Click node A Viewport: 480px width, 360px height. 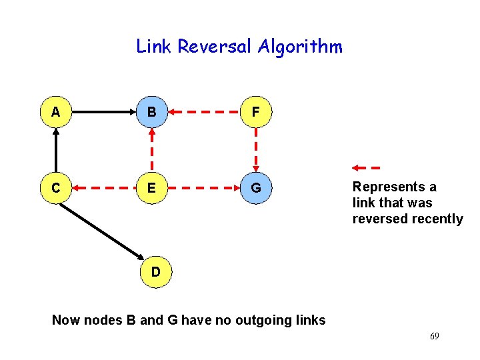click(55, 112)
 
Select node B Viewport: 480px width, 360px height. click(152, 112)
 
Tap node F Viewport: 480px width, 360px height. click(256, 112)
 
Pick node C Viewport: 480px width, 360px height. click(55, 188)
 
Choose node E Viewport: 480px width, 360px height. click(152, 188)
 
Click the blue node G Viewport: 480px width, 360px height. click(256, 188)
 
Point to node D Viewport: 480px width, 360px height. click(155, 271)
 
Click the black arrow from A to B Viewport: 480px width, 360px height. click(103, 112)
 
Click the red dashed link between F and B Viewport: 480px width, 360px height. click(203, 112)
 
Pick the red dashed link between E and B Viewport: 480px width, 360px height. click(152, 150)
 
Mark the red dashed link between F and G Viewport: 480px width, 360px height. click(256, 150)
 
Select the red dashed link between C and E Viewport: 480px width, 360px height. click(103, 188)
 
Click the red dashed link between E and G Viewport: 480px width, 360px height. click(203, 188)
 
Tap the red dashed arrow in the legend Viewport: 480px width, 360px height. click(366, 167)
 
